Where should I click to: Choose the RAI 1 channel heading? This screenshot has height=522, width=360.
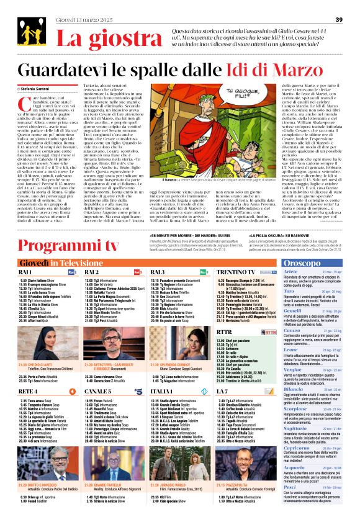(x=26, y=272)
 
